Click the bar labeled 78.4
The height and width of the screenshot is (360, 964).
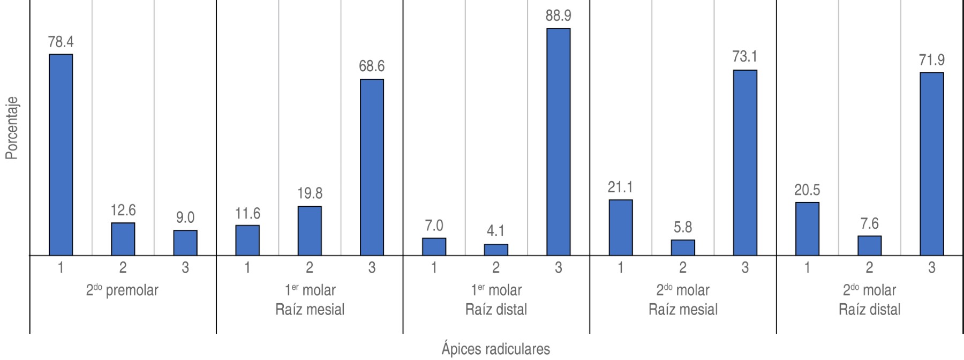[61, 155]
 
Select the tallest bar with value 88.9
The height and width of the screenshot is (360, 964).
[558, 142]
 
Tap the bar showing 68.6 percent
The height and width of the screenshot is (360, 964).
[372, 167]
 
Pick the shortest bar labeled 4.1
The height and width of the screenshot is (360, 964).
[496, 250]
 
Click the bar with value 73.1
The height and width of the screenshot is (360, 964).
[745, 163]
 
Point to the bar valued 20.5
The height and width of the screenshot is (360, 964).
[807, 229]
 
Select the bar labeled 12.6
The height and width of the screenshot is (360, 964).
[123, 239]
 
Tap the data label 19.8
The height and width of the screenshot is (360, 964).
[310, 193]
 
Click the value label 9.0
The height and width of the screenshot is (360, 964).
[185, 218]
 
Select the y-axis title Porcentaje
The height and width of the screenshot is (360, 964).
[12, 128]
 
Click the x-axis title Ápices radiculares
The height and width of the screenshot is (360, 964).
[495, 349]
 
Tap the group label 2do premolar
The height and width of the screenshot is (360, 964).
[122, 291]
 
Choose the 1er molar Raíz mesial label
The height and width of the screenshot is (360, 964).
[310, 300]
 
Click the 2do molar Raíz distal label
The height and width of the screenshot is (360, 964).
[869, 300]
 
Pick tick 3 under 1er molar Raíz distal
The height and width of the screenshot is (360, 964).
[558, 267]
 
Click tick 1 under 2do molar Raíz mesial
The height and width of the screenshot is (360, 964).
[621, 267]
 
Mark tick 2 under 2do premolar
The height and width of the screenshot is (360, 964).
[123, 267]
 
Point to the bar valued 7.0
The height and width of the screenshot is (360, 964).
[434, 246]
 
